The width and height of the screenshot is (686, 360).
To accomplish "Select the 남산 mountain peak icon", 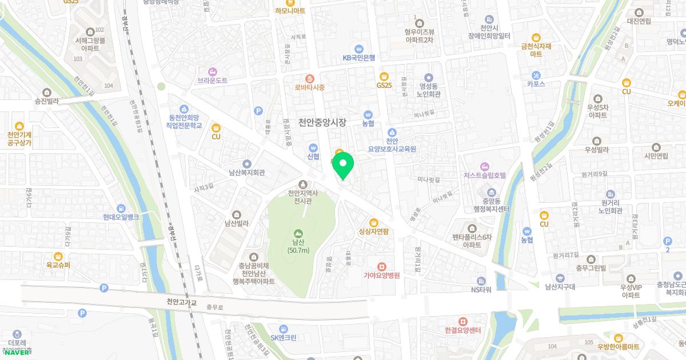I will coord(298,233).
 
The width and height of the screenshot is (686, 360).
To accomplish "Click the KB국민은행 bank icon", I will coord(359,49).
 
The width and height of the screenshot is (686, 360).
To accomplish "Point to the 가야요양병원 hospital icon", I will coord(381,266).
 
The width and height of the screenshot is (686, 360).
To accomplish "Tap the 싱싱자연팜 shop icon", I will coord(373,222).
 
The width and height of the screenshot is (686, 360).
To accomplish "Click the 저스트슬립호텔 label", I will coord(485,175).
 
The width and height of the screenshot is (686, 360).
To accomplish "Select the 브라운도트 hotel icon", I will coord(213,71).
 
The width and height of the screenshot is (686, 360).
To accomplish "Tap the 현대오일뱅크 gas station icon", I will coord(121,209).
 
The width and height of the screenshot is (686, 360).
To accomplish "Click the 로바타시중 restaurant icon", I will coord(309,78).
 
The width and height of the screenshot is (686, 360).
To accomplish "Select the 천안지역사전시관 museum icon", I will coord(302,184).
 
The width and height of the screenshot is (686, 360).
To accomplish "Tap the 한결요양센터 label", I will coord(462,330).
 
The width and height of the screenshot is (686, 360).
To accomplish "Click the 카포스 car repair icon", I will coord(536,75).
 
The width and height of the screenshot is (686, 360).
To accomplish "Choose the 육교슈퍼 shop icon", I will coord(58,257).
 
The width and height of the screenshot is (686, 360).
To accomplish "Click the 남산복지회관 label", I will coord(246,172).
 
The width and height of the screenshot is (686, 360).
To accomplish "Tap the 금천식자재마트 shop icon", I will coord(536,37).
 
